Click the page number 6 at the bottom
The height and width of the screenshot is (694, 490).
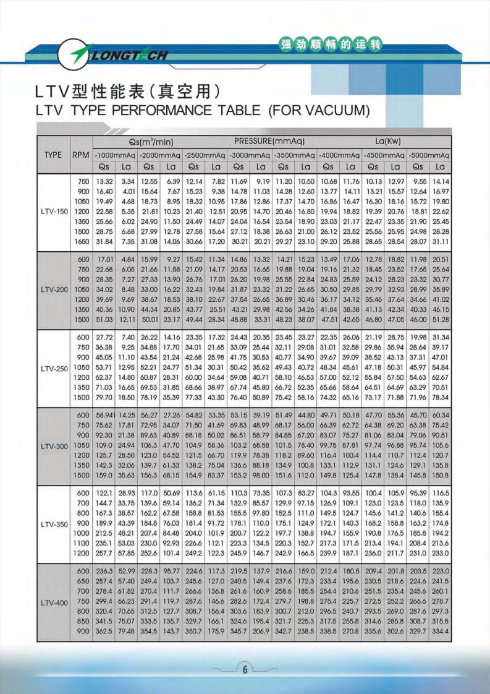pos(245,669)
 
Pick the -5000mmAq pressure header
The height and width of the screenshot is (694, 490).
pos(429,155)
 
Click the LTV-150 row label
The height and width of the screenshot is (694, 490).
pos(54,211)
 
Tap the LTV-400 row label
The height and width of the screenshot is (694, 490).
pos(54,602)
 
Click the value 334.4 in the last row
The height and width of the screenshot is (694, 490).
pos(440,630)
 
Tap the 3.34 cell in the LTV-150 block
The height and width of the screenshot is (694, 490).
pos(127,181)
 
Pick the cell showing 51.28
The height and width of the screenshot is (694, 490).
pos(440,319)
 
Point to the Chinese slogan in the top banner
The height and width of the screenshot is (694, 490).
pos(332,45)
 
